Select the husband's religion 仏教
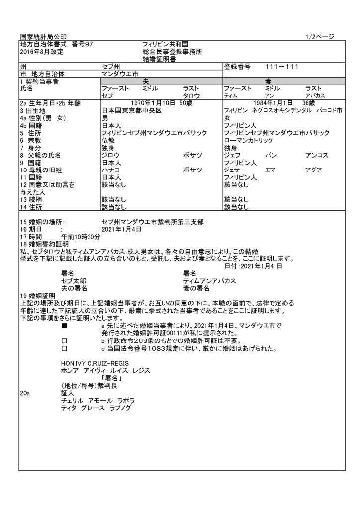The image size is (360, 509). click(108, 141)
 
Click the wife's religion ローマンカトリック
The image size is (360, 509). click(249, 141)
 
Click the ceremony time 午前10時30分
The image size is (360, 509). click(82, 237)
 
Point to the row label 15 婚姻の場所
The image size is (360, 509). click(42, 222)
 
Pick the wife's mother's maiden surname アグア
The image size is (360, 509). click(314, 170)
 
